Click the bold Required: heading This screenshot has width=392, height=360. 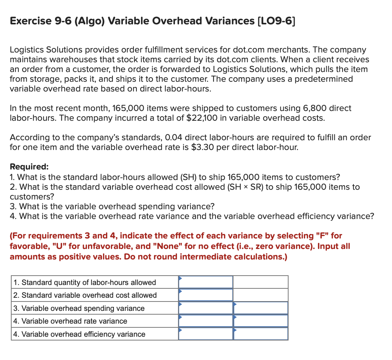pos(29,167)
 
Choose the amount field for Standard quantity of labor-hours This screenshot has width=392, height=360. pos(205,282)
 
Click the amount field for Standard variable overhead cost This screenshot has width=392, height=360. pos(205,295)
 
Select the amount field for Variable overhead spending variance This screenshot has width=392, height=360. pos(205,308)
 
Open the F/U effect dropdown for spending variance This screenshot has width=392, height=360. pos(260,308)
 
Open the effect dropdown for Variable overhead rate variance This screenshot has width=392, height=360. pos(260,321)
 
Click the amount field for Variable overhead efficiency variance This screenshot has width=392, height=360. pos(205,334)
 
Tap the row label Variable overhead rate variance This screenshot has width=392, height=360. pos(70,321)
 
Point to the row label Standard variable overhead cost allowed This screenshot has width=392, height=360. pos(85,295)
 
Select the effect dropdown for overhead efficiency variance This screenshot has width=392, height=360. pos(260,334)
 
